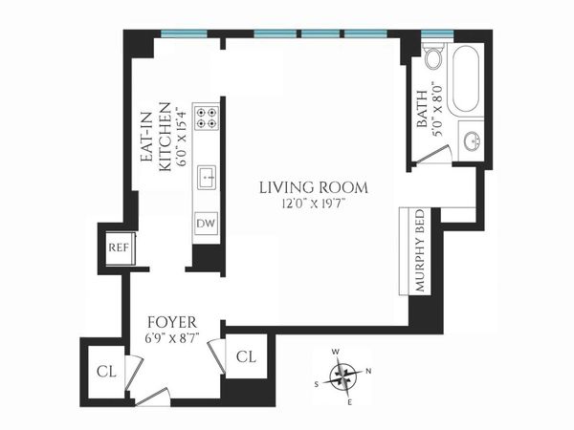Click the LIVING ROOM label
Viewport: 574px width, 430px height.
[x=313, y=187]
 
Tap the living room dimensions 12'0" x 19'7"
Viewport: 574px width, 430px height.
[x=313, y=203]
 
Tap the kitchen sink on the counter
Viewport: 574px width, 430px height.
[x=207, y=178]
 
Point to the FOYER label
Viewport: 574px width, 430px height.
[x=173, y=322]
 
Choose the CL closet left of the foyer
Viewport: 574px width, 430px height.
[x=103, y=372]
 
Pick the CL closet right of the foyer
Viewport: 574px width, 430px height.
[x=247, y=357]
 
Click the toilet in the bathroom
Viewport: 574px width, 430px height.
[x=432, y=59]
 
